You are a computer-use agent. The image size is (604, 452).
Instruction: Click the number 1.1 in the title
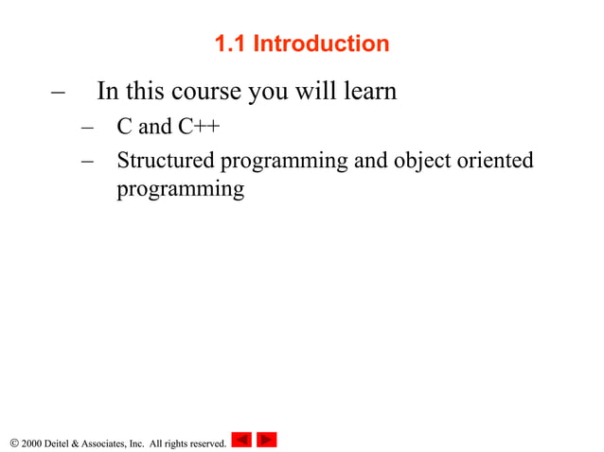230,43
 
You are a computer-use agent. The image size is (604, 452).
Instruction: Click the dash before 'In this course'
58,93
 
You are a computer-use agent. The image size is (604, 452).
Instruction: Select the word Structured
166,161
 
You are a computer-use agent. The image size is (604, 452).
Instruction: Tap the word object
422,161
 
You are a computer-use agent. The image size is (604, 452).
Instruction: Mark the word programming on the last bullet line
180,190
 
